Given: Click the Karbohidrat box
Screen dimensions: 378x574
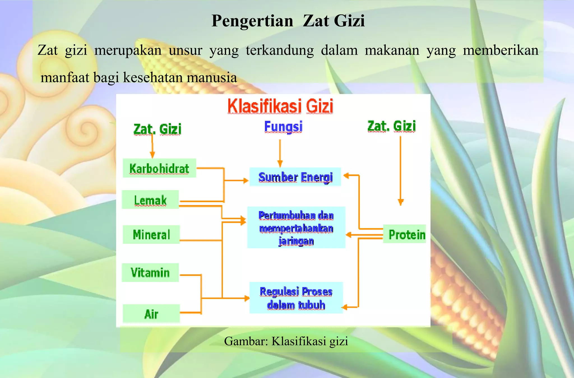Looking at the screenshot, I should (159, 168).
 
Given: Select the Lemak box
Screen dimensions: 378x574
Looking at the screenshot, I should (150, 200).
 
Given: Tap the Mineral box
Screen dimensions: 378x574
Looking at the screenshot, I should (151, 235).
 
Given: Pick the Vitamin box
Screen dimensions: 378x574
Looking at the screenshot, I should (150, 272).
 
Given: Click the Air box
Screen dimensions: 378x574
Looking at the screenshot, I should (151, 314).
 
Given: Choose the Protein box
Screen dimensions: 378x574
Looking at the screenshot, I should (404, 234).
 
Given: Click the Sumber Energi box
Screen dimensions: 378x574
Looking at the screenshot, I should (295, 177).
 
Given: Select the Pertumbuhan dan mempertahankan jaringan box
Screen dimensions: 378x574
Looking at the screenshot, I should (296, 228).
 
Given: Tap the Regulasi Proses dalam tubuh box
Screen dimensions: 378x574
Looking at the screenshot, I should (296, 298).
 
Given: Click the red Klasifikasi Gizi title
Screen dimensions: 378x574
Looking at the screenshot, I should (280, 106).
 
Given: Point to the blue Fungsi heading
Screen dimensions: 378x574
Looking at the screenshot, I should (283, 126).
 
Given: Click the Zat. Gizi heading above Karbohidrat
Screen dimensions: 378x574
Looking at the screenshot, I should (157, 129).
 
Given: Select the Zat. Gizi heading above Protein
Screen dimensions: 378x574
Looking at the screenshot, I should (391, 126).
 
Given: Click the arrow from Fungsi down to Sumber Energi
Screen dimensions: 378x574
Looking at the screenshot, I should (280, 153).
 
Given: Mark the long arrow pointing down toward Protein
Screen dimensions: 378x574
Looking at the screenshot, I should (401, 171).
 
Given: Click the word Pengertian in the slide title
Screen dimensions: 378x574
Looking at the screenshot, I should (252, 21).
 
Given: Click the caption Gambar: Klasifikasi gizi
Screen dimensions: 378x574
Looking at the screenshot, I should (286, 341).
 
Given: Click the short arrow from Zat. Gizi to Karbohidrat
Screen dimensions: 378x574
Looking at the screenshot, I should (152, 146).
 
